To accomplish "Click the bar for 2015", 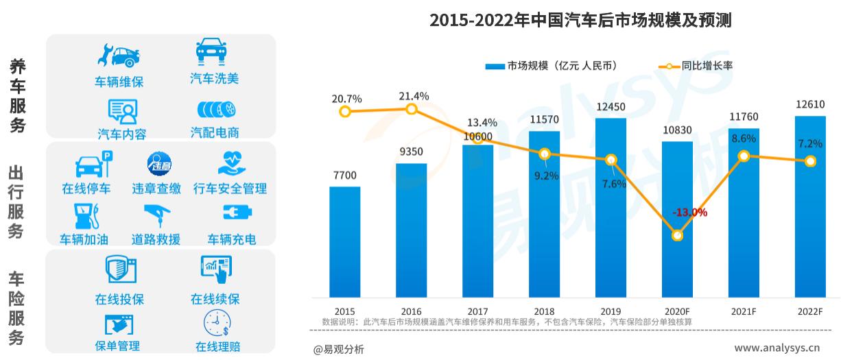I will click(344, 241).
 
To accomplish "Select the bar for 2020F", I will click(677, 219).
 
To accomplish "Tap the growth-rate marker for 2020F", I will click(677, 235).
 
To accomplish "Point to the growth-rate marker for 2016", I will click(411, 110).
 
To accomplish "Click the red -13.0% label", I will click(689, 213).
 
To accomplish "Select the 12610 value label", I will click(810, 105).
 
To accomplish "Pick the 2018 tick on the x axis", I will click(544, 311).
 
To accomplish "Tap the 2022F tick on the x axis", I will click(810, 311).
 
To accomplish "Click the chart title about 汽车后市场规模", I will click(580, 21).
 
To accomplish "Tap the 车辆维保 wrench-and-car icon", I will click(119, 56).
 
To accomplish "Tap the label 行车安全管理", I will click(230, 188).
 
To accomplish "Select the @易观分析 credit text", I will click(339, 349).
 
